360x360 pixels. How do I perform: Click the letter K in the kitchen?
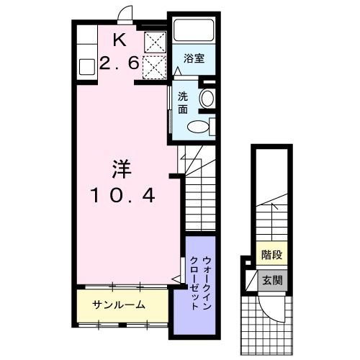click(x=120, y=40)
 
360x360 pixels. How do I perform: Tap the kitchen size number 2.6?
click(x=120, y=63)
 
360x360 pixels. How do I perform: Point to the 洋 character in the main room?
click(x=122, y=169)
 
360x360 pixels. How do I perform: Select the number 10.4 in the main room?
click(x=122, y=195)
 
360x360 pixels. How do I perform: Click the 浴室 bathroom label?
click(x=194, y=58)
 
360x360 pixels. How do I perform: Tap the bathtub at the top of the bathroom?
click(x=194, y=30)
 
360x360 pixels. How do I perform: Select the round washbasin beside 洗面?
click(x=207, y=99)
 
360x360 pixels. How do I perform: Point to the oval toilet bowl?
click(x=198, y=126)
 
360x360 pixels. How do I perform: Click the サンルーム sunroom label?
click(x=119, y=305)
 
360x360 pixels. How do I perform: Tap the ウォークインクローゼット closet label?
click(x=201, y=284)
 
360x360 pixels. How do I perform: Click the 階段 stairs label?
click(x=271, y=255)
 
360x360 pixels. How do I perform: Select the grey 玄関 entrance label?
click(x=272, y=280)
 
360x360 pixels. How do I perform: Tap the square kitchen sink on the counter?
click(x=87, y=67)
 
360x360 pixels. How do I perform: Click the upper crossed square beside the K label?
click(x=156, y=42)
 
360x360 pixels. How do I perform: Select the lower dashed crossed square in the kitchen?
click(x=155, y=68)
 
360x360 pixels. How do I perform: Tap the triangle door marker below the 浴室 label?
click(x=177, y=71)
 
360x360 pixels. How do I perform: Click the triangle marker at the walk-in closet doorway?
click(x=177, y=279)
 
